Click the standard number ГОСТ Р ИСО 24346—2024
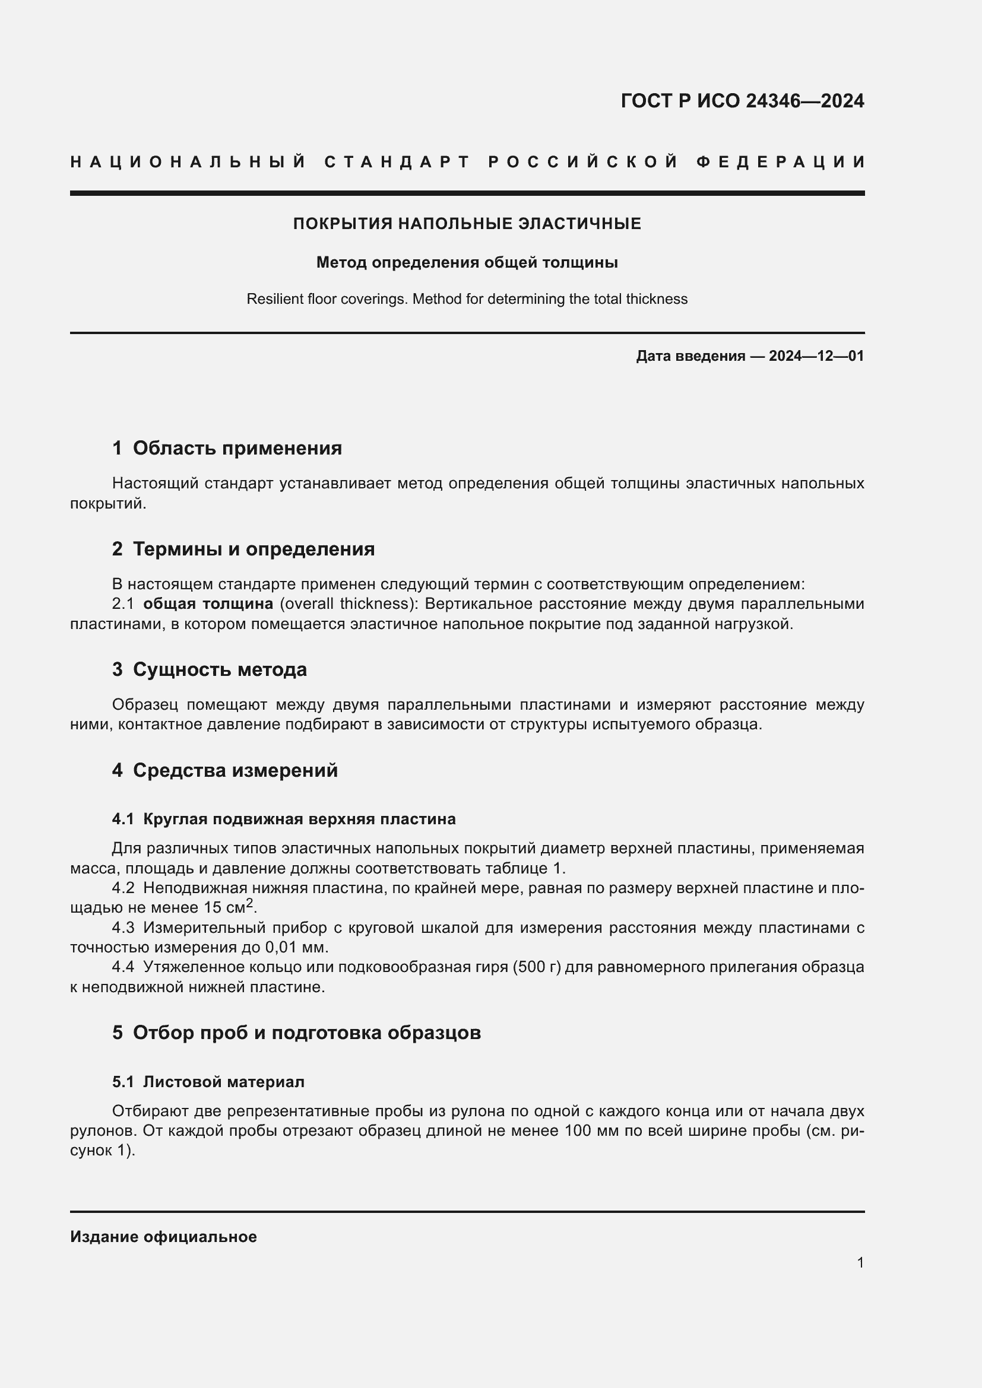pyautogui.click(x=742, y=101)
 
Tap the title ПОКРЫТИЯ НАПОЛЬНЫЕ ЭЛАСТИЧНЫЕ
pyautogui.click(x=467, y=224)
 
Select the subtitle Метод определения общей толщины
pyautogui.click(x=467, y=262)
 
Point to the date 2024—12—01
pyautogui.click(x=816, y=356)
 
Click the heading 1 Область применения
pyautogui.click(x=227, y=448)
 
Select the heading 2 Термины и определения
pyautogui.click(x=243, y=549)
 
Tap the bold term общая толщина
pyautogui.click(x=208, y=604)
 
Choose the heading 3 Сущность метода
pyautogui.click(x=209, y=669)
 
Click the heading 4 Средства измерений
pyautogui.click(x=224, y=770)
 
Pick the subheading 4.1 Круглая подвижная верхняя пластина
pyautogui.click(x=284, y=819)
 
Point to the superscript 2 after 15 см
pyautogui.click(x=250, y=903)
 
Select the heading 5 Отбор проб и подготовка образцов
pyautogui.click(x=296, y=1033)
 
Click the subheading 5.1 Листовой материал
pyautogui.click(x=208, y=1082)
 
